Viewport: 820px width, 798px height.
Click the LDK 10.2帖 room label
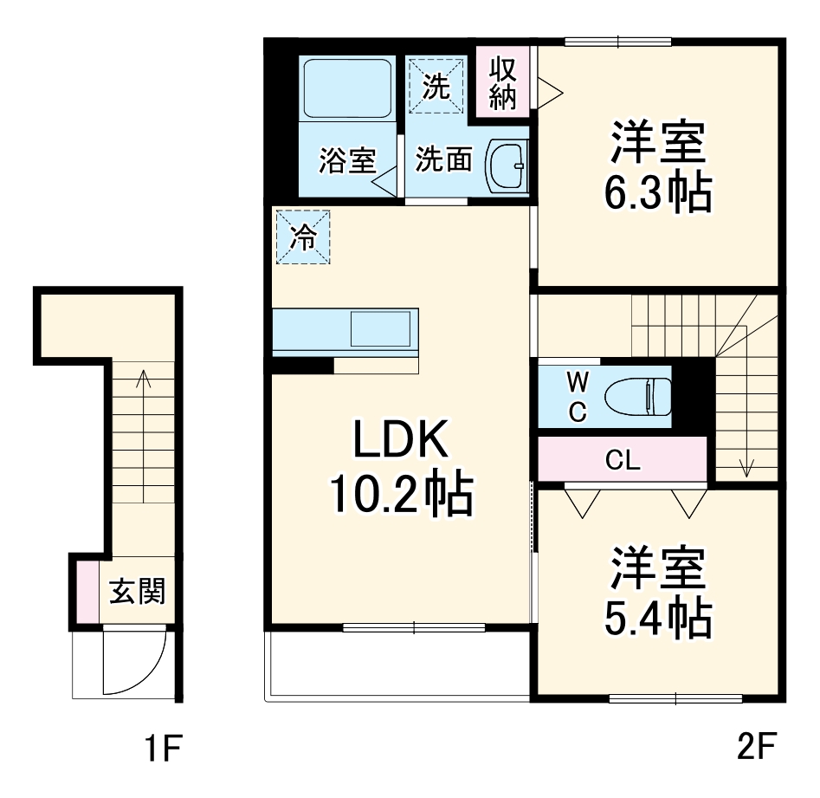[399, 468]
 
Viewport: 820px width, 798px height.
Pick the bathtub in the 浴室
[347, 89]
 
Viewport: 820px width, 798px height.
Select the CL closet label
[623, 460]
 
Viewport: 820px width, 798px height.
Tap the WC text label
[578, 397]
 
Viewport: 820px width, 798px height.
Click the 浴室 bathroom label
[346, 160]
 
